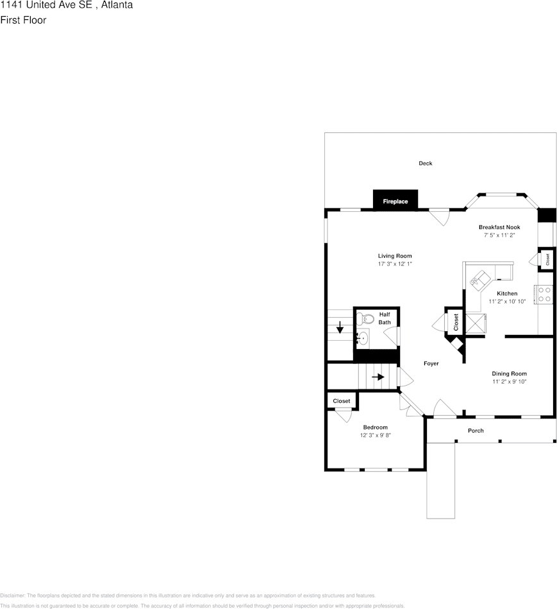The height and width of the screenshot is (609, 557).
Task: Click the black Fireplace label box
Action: tap(395, 201)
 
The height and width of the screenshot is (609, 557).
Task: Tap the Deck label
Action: tap(426, 163)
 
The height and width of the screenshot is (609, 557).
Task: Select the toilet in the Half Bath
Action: tap(366, 318)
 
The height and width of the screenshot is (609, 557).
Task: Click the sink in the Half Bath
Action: tap(363, 338)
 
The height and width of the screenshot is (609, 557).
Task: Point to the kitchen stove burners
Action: tap(545, 295)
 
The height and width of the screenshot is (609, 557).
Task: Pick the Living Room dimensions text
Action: tap(394, 264)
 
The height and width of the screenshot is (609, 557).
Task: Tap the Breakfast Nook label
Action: tap(499, 227)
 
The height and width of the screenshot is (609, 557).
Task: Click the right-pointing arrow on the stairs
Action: tap(378, 377)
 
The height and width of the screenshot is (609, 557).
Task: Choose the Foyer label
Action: tap(431, 363)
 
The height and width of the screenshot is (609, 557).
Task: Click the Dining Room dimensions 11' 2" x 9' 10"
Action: tap(509, 382)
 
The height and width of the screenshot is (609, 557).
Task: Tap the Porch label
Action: tap(476, 430)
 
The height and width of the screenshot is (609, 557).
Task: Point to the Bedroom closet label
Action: tap(342, 401)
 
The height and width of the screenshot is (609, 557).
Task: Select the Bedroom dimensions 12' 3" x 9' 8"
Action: tap(375, 435)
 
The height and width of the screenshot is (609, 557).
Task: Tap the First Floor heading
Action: tap(23, 20)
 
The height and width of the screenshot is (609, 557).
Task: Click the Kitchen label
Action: tap(507, 293)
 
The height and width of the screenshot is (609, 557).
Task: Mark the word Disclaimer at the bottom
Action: tap(12, 595)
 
